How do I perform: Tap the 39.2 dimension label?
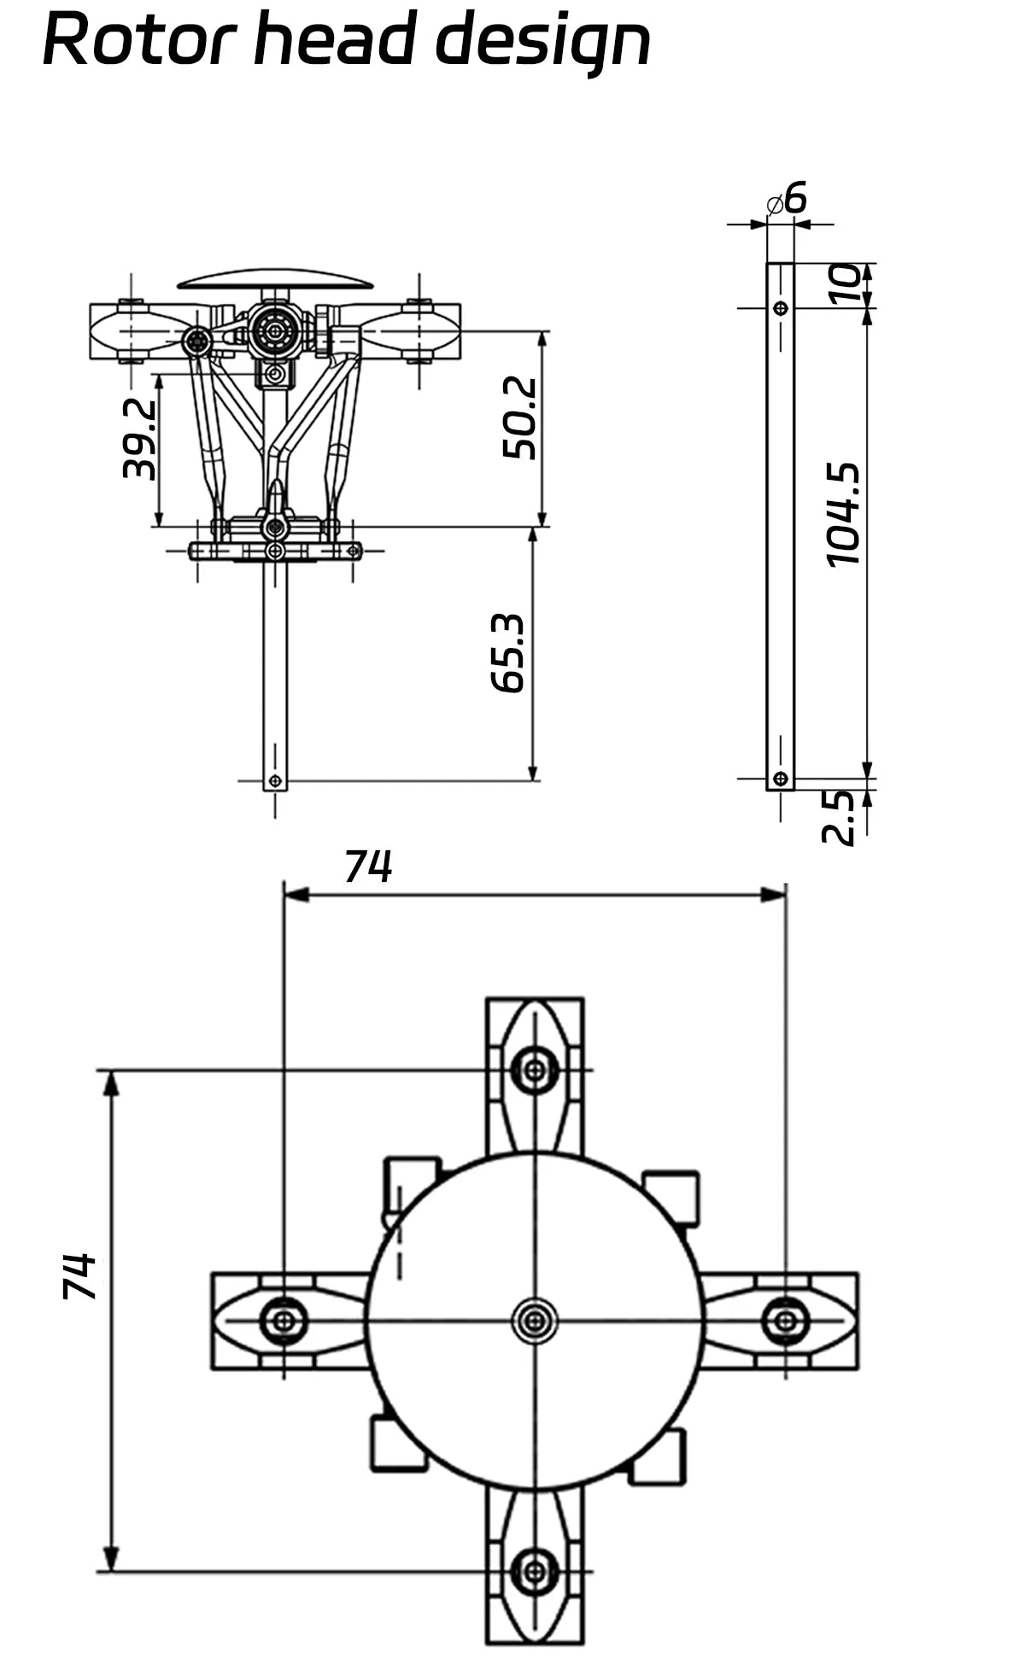(139, 439)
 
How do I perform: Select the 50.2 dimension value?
(519, 418)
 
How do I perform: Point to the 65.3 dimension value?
(507, 653)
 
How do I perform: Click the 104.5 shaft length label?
(843, 515)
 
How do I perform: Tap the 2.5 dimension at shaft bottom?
(839, 817)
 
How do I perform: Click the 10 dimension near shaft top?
(844, 284)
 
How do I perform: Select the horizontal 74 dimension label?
(368, 867)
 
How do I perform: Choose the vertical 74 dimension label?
(79, 1276)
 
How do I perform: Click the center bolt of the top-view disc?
(535, 1322)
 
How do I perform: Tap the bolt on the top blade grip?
(535, 1069)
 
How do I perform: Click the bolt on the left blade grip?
(284, 1322)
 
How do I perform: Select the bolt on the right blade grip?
(786, 1321)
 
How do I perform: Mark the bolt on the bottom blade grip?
(535, 1571)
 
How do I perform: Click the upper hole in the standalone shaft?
(780, 308)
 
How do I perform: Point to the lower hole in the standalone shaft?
(780, 779)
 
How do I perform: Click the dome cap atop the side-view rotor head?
(275, 279)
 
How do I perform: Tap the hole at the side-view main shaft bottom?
(275, 780)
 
